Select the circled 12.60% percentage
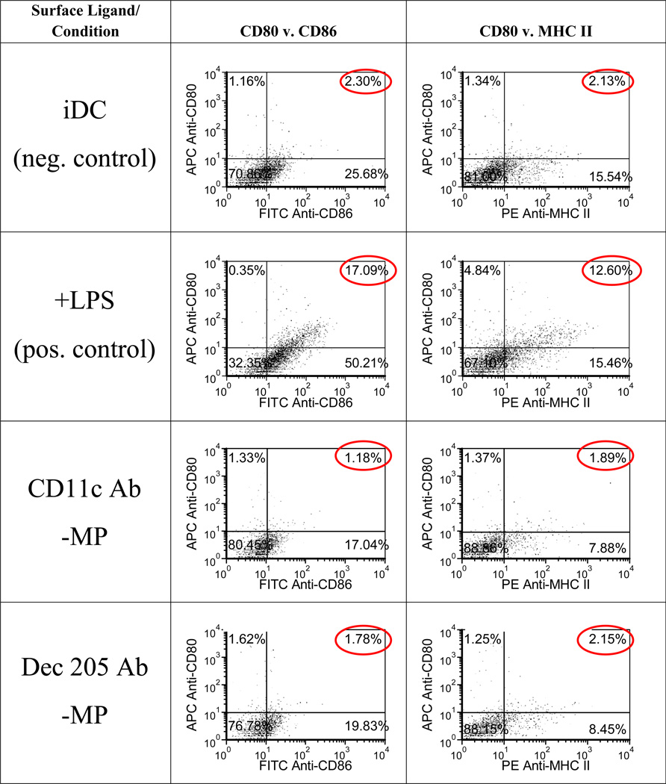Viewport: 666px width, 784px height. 607,270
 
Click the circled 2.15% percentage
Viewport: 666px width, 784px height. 607,640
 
